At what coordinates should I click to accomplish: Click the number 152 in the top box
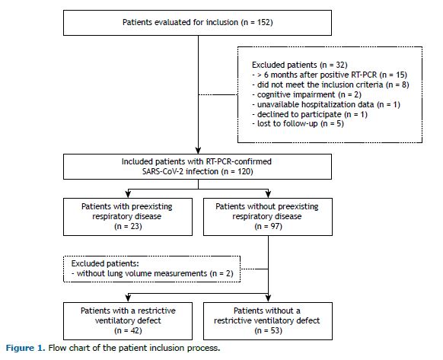click(263, 22)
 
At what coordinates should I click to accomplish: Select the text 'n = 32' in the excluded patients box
click(333, 65)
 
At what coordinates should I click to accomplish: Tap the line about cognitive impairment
click(307, 94)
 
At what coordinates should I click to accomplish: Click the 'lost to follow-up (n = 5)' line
click(298, 124)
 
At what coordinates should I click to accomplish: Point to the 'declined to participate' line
click(310, 114)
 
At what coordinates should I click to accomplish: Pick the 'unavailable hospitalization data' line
click(326, 104)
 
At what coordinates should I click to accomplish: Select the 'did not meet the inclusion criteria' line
click(330, 84)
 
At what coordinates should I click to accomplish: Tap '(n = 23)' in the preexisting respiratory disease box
click(128, 226)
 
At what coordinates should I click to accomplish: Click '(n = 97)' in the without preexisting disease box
click(268, 226)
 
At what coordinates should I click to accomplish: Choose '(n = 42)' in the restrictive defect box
click(128, 330)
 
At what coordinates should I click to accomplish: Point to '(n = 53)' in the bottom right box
click(268, 330)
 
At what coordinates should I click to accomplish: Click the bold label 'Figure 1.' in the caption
click(25, 348)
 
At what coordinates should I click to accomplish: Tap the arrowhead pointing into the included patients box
click(199, 151)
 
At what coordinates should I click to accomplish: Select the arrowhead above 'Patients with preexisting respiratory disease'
click(128, 194)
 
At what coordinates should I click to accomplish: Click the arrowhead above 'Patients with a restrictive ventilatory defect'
click(128, 298)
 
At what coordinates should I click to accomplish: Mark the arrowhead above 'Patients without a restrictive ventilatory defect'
click(268, 298)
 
